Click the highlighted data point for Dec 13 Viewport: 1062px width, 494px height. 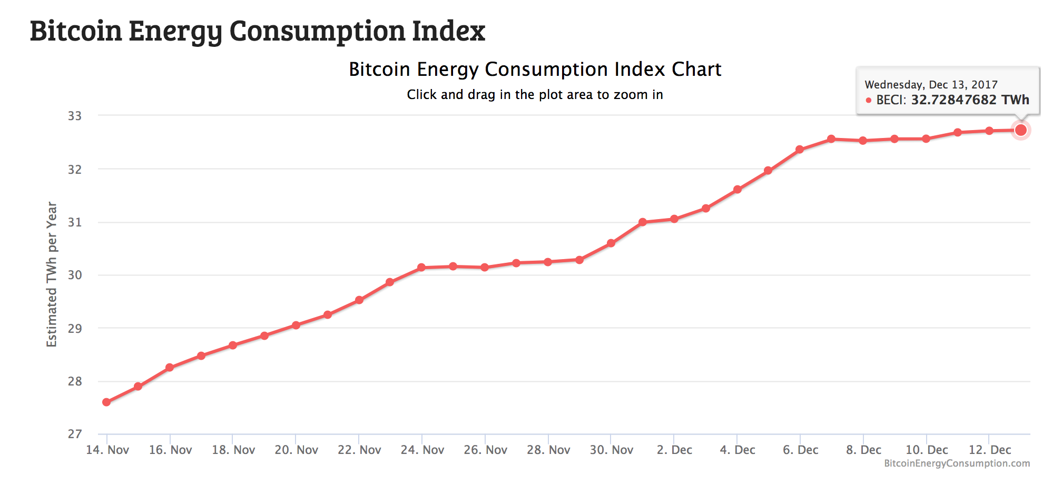point(1020,130)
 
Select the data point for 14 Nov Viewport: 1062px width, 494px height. point(106,402)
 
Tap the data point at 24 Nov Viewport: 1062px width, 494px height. point(421,268)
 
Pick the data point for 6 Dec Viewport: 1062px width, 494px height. point(800,150)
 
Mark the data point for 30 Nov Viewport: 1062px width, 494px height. point(611,243)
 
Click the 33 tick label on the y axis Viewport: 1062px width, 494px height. point(75,116)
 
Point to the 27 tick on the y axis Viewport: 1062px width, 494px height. point(75,434)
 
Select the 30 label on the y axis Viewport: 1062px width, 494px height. point(75,275)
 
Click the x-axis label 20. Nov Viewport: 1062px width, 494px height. point(296,450)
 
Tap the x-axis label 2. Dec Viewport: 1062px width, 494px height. point(674,450)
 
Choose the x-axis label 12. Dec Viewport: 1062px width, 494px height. point(990,450)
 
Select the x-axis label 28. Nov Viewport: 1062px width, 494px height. point(548,450)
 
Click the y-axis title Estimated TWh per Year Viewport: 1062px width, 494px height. point(52,274)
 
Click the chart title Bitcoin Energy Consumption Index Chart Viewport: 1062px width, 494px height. point(535,70)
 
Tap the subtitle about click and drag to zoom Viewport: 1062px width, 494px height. point(535,95)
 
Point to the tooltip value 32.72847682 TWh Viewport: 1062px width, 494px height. point(970,100)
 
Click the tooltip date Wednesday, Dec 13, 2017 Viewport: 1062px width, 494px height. point(931,85)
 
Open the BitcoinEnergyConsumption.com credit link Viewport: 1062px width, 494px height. point(957,463)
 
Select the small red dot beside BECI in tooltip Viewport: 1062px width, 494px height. point(869,100)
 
